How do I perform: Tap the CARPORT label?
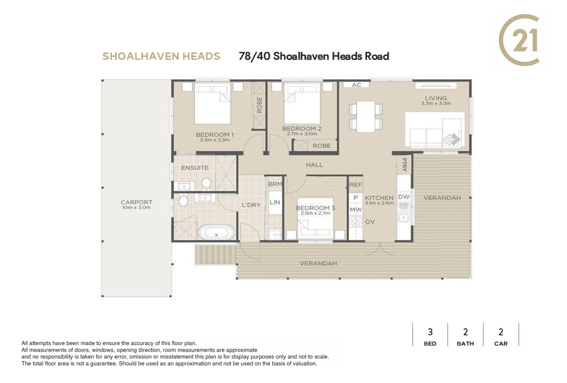tap(137, 202)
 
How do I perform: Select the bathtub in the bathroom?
tap(217, 232)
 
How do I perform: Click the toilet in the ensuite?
tap(206, 183)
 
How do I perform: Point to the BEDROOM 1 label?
tap(215, 135)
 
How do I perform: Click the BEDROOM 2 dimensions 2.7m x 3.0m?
tap(302, 134)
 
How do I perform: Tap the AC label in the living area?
tap(356, 85)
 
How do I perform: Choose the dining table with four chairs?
tap(366, 116)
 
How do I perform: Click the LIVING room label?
tap(436, 98)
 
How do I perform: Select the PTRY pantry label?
tap(405, 165)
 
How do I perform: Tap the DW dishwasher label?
tap(404, 196)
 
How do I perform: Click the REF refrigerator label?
tap(356, 185)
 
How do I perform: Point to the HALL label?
tap(314, 165)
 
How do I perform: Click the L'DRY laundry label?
tap(251, 205)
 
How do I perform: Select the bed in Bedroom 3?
tap(315, 218)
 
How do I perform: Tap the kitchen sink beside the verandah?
tap(404, 212)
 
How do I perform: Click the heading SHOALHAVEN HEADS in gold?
tap(161, 56)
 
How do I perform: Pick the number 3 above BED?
tap(430, 332)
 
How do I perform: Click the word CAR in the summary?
tap(501, 344)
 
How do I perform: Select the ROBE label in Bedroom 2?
tap(322, 146)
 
